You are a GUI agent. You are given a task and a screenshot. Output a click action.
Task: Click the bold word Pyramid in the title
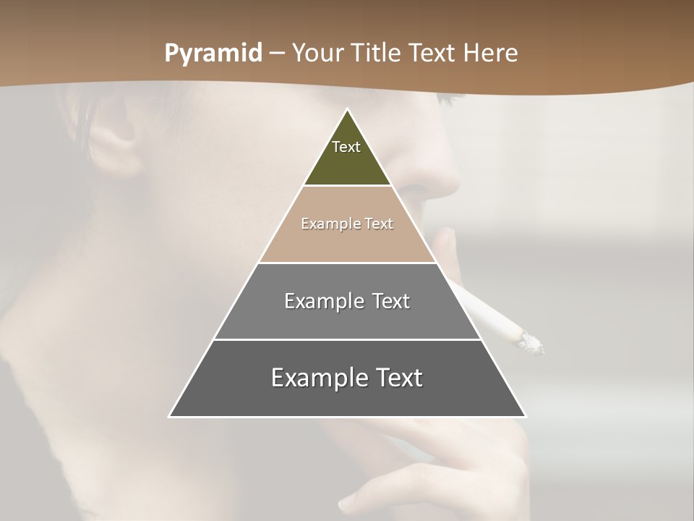(213, 54)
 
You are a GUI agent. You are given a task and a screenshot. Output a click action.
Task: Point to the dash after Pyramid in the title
(277, 54)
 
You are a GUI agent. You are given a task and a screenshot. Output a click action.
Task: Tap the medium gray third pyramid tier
(347, 318)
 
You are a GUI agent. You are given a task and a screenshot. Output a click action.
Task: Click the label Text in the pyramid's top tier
(346, 147)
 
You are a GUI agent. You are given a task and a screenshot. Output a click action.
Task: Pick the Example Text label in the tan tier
(347, 224)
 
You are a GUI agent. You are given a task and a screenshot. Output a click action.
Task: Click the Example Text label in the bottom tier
(347, 378)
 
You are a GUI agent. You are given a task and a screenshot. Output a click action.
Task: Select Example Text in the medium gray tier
(347, 301)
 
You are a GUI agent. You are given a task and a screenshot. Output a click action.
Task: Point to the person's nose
(434, 174)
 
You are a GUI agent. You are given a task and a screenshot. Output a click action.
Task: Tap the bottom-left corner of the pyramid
(170, 416)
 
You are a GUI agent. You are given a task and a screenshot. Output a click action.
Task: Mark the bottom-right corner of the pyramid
(525, 416)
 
